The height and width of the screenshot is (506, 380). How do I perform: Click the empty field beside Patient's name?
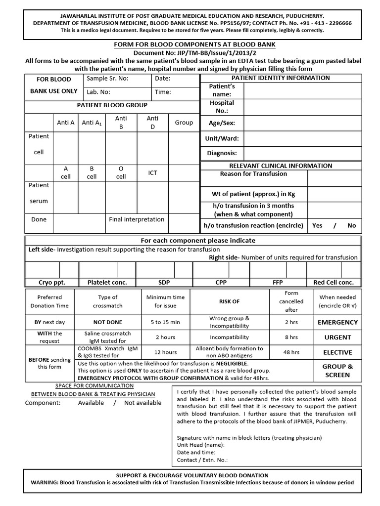[302, 90]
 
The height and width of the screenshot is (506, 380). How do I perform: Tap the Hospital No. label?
[222, 107]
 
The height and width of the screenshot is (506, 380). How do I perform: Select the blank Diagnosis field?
[302, 153]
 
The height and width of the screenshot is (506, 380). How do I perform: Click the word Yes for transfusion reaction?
[317, 225]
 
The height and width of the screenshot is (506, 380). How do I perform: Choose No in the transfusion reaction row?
[351, 225]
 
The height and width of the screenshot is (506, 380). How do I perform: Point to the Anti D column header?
[152, 123]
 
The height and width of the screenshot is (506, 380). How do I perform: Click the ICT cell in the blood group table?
[152, 172]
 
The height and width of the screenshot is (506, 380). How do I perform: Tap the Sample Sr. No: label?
[107, 79]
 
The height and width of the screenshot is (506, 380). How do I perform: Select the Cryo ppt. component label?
[52, 282]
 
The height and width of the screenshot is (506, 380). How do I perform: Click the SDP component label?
[164, 282]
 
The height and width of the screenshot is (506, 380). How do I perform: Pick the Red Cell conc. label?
[333, 282]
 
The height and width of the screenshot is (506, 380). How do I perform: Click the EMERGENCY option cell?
[337, 322]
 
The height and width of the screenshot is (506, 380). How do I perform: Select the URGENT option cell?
[337, 337]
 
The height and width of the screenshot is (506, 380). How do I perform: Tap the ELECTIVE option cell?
[337, 352]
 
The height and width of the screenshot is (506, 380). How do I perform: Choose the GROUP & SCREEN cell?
[337, 371]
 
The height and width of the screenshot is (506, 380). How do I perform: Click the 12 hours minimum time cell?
[165, 352]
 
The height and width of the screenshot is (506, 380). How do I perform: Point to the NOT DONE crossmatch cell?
[107, 322]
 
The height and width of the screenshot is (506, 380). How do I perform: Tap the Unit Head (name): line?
[200, 445]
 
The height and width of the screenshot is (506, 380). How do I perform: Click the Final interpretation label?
[136, 219]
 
